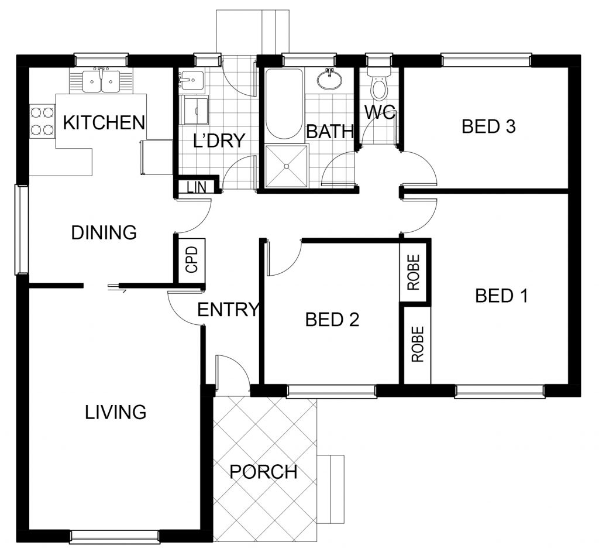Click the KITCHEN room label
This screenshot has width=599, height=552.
(104, 122)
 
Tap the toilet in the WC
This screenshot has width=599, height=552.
(378, 83)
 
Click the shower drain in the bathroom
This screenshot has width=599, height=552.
(286, 166)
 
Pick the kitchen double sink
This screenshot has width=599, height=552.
(101, 81)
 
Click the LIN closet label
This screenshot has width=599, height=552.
(197, 187)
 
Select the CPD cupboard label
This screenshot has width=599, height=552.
(192, 259)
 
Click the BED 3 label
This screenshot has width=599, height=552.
(488, 126)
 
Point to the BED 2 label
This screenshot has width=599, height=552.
(332, 319)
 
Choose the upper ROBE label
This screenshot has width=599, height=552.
(414, 272)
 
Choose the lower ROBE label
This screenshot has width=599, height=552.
(418, 344)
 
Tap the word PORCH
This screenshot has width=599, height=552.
(264, 472)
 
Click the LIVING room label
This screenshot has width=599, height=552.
(115, 412)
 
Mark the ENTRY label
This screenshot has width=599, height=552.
(229, 309)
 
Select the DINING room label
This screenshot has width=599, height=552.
(104, 232)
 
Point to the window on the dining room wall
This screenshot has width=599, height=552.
(22, 229)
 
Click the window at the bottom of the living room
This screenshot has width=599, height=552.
(115, 536)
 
